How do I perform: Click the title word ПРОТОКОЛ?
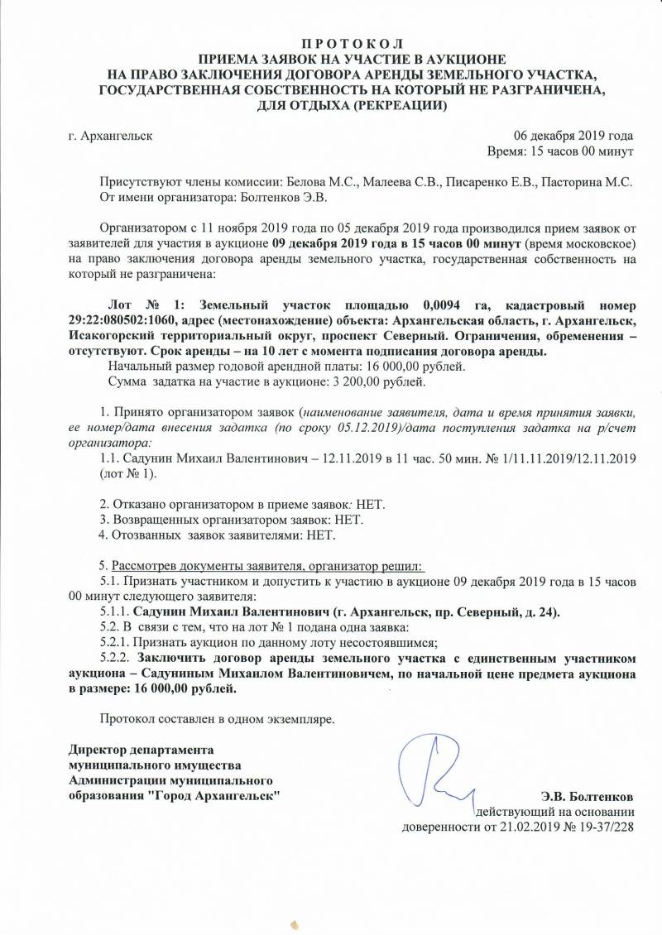[x=331, y=41]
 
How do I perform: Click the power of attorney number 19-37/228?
[x=604, y=826]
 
